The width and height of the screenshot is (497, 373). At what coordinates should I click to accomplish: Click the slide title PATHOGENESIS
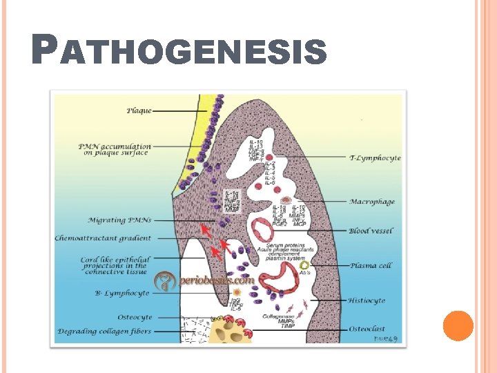click(x=179, y=52)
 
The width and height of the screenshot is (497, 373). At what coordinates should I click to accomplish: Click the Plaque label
click(x=139, y=110)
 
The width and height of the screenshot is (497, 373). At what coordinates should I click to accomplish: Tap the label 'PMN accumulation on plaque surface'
click(x=114, y=149)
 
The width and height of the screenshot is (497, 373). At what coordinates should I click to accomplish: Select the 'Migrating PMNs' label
click(x=116, y=220)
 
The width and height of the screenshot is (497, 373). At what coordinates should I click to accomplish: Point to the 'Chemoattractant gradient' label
click(x=103, y=238)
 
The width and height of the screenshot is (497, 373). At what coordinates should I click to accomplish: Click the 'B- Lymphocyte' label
click(x=121, y=294)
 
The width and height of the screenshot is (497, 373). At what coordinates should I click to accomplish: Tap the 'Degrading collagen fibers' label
click(x=104, y=332)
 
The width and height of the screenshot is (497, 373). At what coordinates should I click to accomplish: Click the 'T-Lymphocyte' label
click(x=375, y=158)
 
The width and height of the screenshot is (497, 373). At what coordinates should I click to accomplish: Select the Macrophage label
click(x=372, y=202)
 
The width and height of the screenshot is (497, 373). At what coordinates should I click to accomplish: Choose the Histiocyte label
click(x=367, y=301)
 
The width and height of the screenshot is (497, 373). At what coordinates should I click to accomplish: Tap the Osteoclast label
click(x=367, y=329)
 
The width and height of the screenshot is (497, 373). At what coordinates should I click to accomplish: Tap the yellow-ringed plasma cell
click(x=304, y=265)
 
